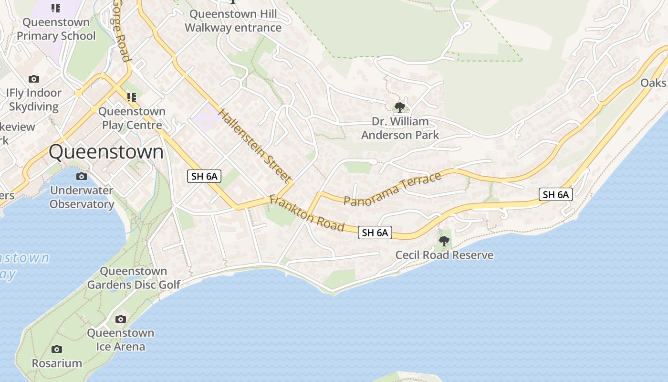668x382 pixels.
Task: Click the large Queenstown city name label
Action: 106,152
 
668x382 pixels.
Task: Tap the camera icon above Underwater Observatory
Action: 82,177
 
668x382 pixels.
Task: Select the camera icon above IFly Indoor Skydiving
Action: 33,79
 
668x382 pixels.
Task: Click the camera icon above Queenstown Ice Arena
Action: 121,319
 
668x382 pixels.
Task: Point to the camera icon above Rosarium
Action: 57,349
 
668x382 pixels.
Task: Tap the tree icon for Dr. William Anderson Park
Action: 400,107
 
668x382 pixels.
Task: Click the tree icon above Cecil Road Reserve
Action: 444,241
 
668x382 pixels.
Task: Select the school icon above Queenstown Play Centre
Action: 132,97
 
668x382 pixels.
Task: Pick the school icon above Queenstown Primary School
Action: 56,8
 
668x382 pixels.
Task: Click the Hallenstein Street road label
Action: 255,146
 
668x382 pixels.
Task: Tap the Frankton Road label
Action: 307,213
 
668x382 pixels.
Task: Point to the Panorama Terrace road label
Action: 393,190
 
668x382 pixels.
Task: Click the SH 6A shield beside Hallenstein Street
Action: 204,176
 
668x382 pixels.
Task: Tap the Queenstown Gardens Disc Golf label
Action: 134,278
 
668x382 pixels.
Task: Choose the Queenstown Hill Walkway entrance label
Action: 233,21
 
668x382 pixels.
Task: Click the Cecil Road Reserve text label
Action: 444,255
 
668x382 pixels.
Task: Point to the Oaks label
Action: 653,83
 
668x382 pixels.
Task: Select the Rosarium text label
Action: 57,363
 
